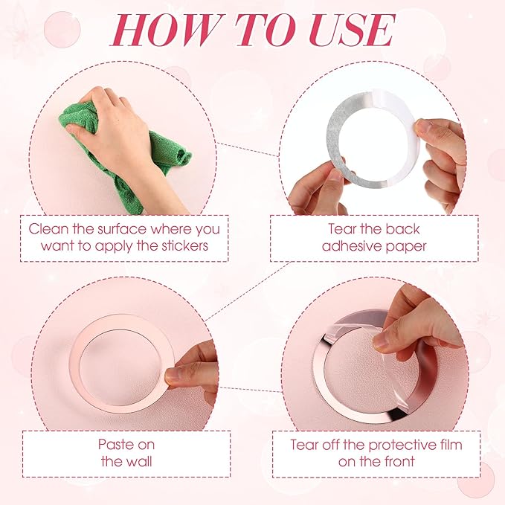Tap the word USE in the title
(352, 30)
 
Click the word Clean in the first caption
(48, 229)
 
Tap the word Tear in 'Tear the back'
(342, 229)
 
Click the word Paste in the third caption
(113, 445)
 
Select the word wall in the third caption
(139, 461)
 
